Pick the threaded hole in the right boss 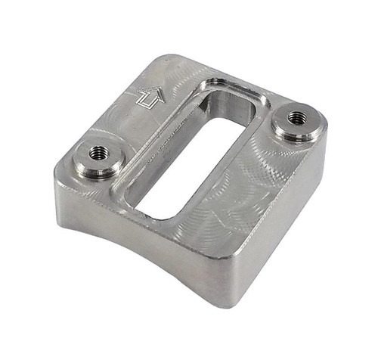tap(296, 118)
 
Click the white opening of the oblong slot tap(189, 166)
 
